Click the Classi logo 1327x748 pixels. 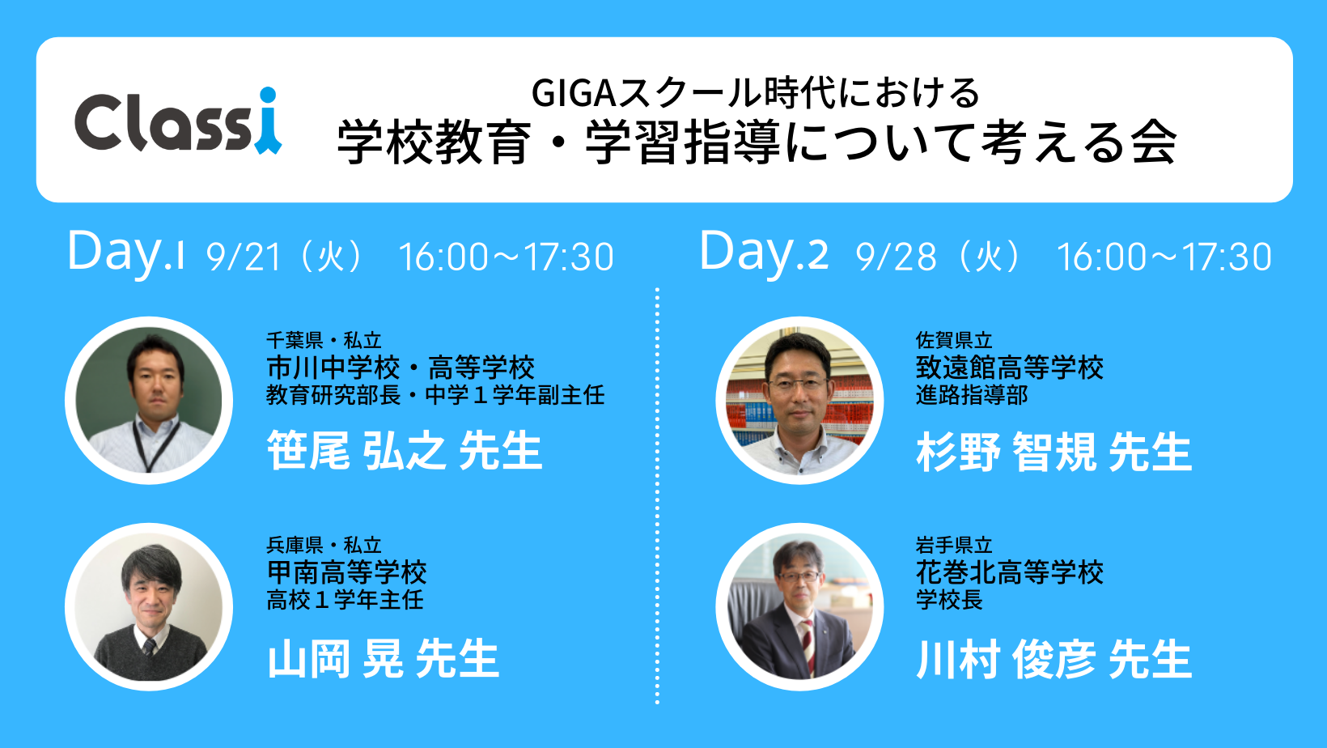point(178,121)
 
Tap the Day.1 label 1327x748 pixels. point(126,253)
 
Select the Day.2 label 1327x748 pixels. point(764,253)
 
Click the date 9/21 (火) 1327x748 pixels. point(284,257)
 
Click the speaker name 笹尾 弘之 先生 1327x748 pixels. point(405,450)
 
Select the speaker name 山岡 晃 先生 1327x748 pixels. point(384,658)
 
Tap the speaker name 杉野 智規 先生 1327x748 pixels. point(1054,452)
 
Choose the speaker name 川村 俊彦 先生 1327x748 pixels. point(1054,659)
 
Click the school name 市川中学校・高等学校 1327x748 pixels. point(401,368)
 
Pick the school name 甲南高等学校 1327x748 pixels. point(346,572)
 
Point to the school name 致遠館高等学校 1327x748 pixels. point(1010,368)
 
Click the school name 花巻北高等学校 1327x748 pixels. point(1010,572)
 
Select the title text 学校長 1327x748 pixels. point(949,600)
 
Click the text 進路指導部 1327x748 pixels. point(972,395)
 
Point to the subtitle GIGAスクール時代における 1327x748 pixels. point(755,94)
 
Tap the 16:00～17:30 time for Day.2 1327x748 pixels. point(1164,257)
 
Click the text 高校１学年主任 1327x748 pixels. point(345,600)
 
